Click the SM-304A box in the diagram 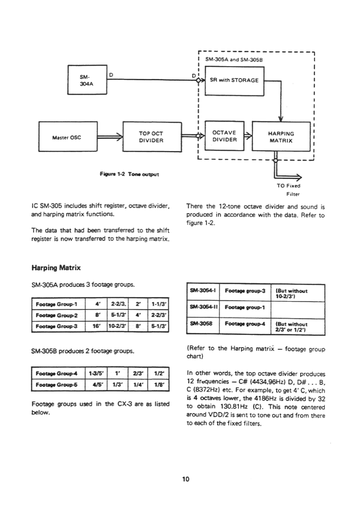point(86,79)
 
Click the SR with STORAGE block point(234,80)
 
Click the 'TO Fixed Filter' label point(289,189)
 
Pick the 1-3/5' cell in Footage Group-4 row point(98,374)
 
